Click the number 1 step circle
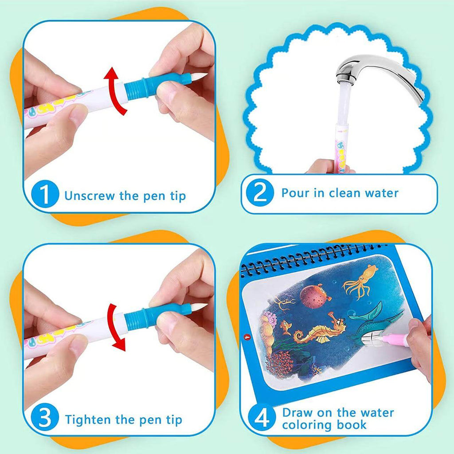[x=46, y=195]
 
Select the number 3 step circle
[x=46, y=419]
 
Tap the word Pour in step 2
[x=296, y=193]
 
